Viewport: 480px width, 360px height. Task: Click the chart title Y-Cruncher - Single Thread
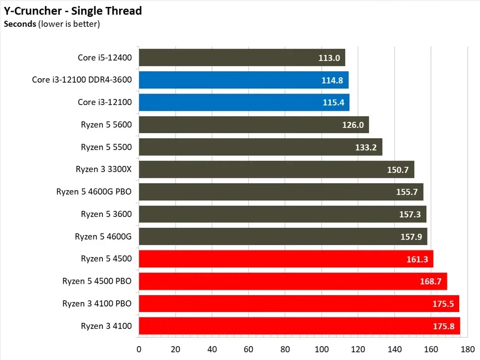(x=73, y=10)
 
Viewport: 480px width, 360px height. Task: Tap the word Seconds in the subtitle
(x=19, y=23)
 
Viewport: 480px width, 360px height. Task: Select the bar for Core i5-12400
(x=228, y=57)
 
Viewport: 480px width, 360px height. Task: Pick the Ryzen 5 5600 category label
(x=106, y=124)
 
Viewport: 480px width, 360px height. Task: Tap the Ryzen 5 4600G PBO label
(x=94, y=192)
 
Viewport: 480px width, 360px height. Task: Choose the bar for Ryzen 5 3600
(x=267, y=214)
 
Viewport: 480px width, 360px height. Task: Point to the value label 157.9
(x=411, y=237)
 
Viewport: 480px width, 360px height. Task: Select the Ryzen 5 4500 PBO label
(x=97, y=281)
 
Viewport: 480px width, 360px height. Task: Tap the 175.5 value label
(x=442, y=304)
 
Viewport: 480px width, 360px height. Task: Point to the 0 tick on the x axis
(x=139, y=348)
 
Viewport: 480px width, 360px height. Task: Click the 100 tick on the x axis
(x=322, y=348)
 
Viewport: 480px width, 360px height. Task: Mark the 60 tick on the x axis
(x=248, y=348)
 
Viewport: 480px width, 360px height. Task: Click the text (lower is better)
(x=69, y=23)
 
